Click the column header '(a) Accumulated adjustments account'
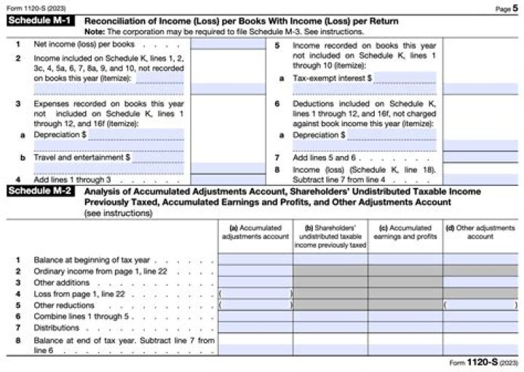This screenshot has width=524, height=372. coord(255,232)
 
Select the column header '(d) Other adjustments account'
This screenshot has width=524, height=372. coord(480,232)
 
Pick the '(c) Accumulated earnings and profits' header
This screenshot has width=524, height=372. coord(405,232)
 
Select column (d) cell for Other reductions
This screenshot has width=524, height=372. coord(480,305)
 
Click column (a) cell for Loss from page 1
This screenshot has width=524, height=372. coord(255,293)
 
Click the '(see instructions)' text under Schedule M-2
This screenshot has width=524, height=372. coord(118,214)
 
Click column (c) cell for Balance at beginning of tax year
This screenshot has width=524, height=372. coord(405,259)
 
